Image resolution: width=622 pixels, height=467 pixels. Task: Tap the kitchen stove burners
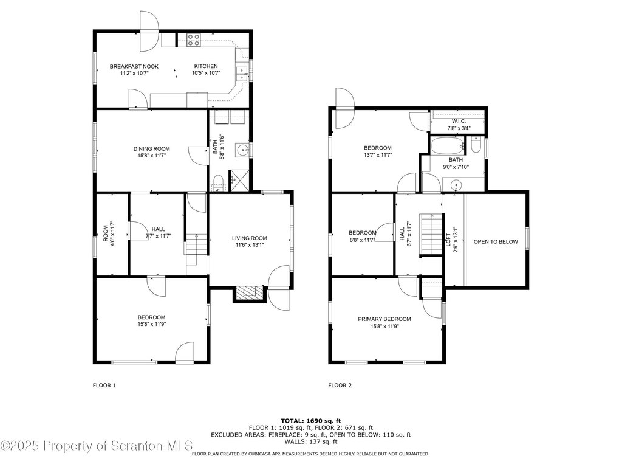[x=194, y=41]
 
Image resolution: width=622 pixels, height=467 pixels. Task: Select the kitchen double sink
[x=242, y=74]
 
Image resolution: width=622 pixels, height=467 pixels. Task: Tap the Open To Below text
[x=496, y=241]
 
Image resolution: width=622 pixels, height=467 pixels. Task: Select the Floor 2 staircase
[x=432, y=234]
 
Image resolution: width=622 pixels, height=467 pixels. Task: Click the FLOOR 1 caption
[x=104, y=385]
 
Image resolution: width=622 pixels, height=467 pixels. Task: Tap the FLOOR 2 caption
[x=340, y=385]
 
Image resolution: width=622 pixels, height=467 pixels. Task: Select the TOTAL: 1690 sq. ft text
[x=311, y=421]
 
